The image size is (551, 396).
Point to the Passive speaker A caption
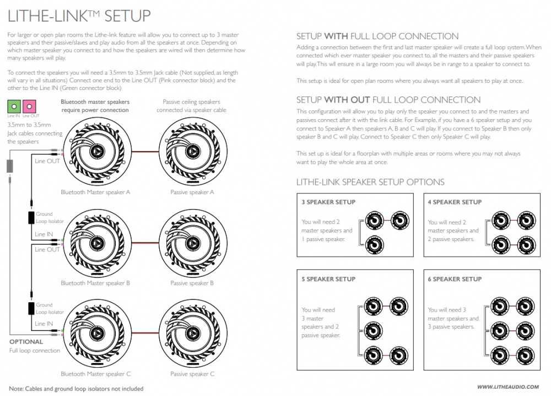click(x=192, y=192)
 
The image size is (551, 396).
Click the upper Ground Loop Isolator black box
click(x=31, y=217)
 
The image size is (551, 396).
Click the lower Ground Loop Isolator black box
click(x=31, y=308)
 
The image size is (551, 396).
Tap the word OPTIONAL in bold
click(x=26, y=342)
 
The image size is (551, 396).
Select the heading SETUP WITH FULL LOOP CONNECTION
click(x=377, y=36)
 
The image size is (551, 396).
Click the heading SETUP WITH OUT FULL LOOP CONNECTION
click(x=388, y=100)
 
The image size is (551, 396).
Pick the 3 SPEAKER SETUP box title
click(x=328, y=202)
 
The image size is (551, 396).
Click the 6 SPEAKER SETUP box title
click(x=455, y=279)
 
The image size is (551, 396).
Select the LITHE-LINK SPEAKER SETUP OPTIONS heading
click(x=370, y=182)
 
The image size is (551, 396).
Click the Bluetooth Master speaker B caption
click(x=95, y=283)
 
